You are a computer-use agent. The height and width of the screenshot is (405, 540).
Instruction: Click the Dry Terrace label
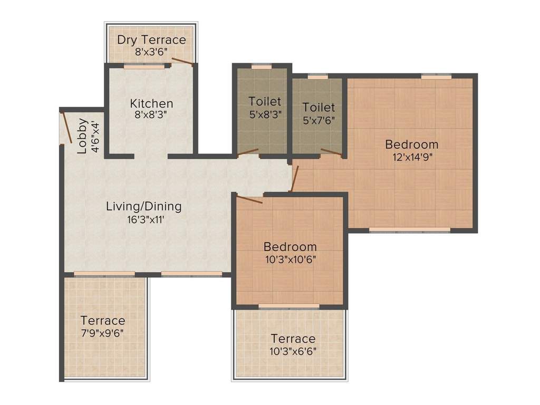[x=151, y=40]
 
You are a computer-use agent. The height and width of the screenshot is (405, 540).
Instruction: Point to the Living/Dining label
[x=143, y=206]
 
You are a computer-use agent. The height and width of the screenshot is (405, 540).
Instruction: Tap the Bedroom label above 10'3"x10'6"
[x=290, y=246]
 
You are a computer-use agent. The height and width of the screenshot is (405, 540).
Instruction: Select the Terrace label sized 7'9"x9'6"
[x=103, y=320]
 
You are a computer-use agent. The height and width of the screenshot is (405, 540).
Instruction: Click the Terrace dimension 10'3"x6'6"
[x=293, y=350]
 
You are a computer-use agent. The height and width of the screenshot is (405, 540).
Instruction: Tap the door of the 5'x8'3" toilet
[x=248, y=152]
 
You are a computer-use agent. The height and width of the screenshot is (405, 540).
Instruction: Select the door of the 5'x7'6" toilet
[x=332, y=153]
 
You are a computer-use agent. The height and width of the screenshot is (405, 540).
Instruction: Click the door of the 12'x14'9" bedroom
[x=295, y=178]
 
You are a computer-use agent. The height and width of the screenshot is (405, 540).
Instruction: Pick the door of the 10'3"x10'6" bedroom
[x=249, y=199]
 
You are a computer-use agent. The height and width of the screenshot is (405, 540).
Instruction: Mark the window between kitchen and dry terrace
[x=144, y=67]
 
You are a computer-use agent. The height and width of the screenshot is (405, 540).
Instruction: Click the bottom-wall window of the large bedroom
[x=409, y=230]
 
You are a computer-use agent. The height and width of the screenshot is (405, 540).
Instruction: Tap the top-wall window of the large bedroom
[x=436, y=76]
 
